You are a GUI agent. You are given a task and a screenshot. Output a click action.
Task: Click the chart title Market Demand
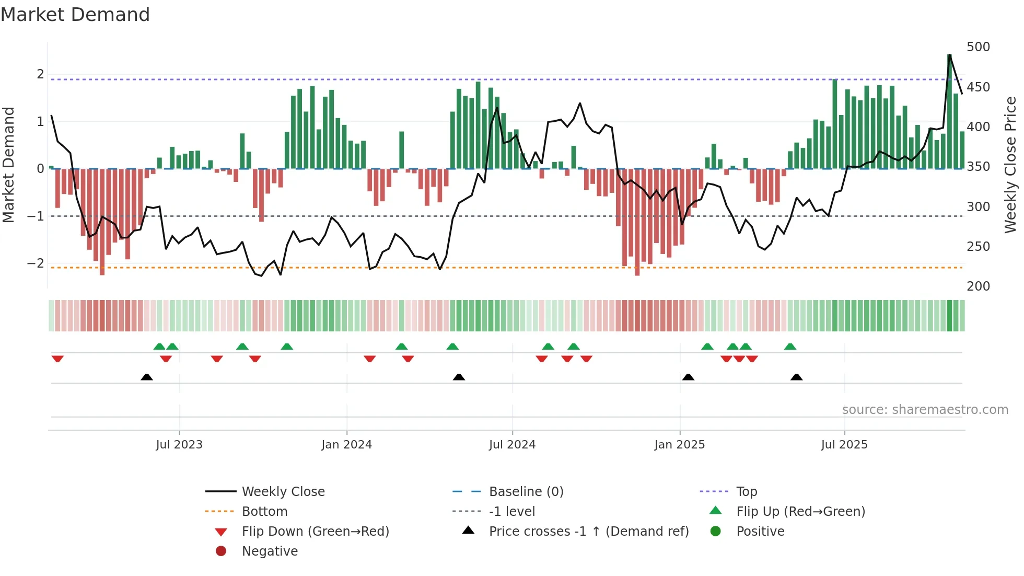75,14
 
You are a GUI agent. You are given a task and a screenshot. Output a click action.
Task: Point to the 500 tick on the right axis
978,47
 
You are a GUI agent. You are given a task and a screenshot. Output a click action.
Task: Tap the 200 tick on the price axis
978,286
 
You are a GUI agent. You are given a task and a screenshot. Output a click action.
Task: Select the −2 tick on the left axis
36,263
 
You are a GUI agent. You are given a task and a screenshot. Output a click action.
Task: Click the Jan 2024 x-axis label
346,445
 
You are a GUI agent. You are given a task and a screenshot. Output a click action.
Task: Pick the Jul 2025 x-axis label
844,445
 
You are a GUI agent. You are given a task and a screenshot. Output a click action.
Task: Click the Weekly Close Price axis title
1010,165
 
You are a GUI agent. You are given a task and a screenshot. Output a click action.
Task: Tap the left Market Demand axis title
8,165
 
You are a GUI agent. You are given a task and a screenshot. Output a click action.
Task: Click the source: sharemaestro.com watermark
925,410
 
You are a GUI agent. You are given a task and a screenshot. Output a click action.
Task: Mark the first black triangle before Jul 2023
147,377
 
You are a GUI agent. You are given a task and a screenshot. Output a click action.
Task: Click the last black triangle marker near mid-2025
796,377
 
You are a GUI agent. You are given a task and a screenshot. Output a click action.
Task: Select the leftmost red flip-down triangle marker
57,359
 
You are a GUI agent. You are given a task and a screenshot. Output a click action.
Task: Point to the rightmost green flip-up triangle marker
790,347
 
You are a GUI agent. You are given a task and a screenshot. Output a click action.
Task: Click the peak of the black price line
949,55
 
